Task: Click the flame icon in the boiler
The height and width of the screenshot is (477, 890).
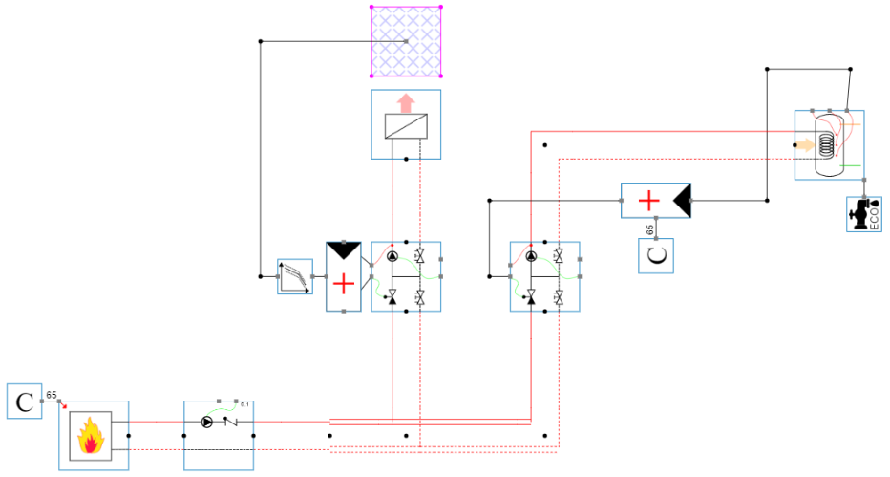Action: (x=93, y=437)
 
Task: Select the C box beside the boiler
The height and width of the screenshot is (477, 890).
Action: (x=23, y=401)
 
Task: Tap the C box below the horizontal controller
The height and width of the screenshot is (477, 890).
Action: (x=656, y=255)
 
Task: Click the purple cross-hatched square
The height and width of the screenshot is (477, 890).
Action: (x=406, y=40)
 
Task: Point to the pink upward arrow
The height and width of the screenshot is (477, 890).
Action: (x=405, y=101)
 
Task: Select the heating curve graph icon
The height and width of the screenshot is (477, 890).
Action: (x=295, y=276)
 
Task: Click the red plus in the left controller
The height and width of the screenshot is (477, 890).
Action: (x=344, y=284)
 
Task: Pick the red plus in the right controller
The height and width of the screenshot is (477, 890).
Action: (x=648, y=201)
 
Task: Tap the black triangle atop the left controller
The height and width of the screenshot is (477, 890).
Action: (x=344, y=250)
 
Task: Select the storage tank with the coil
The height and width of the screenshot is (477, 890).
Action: (x=828, y=145)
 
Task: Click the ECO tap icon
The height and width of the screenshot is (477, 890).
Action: (x=865, y=214)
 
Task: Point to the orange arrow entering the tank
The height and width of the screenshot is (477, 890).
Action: (x=806, y=145)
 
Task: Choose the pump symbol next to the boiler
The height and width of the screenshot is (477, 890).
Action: (x=207, y=421)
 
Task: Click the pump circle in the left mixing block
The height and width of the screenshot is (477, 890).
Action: (x=392, y=257)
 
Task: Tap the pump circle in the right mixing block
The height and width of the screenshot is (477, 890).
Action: (x=531, y=256)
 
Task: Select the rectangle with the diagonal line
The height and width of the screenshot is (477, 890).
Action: (x=405, y=126)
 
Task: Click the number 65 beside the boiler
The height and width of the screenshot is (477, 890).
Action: (x=52, y=394)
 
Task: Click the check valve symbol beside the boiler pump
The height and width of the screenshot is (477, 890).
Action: (x=229, y=421)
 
